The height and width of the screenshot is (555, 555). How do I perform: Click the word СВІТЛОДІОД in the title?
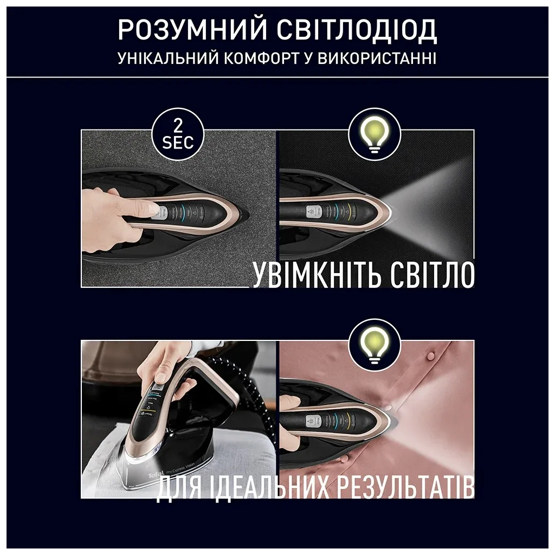tap(356, 31)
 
